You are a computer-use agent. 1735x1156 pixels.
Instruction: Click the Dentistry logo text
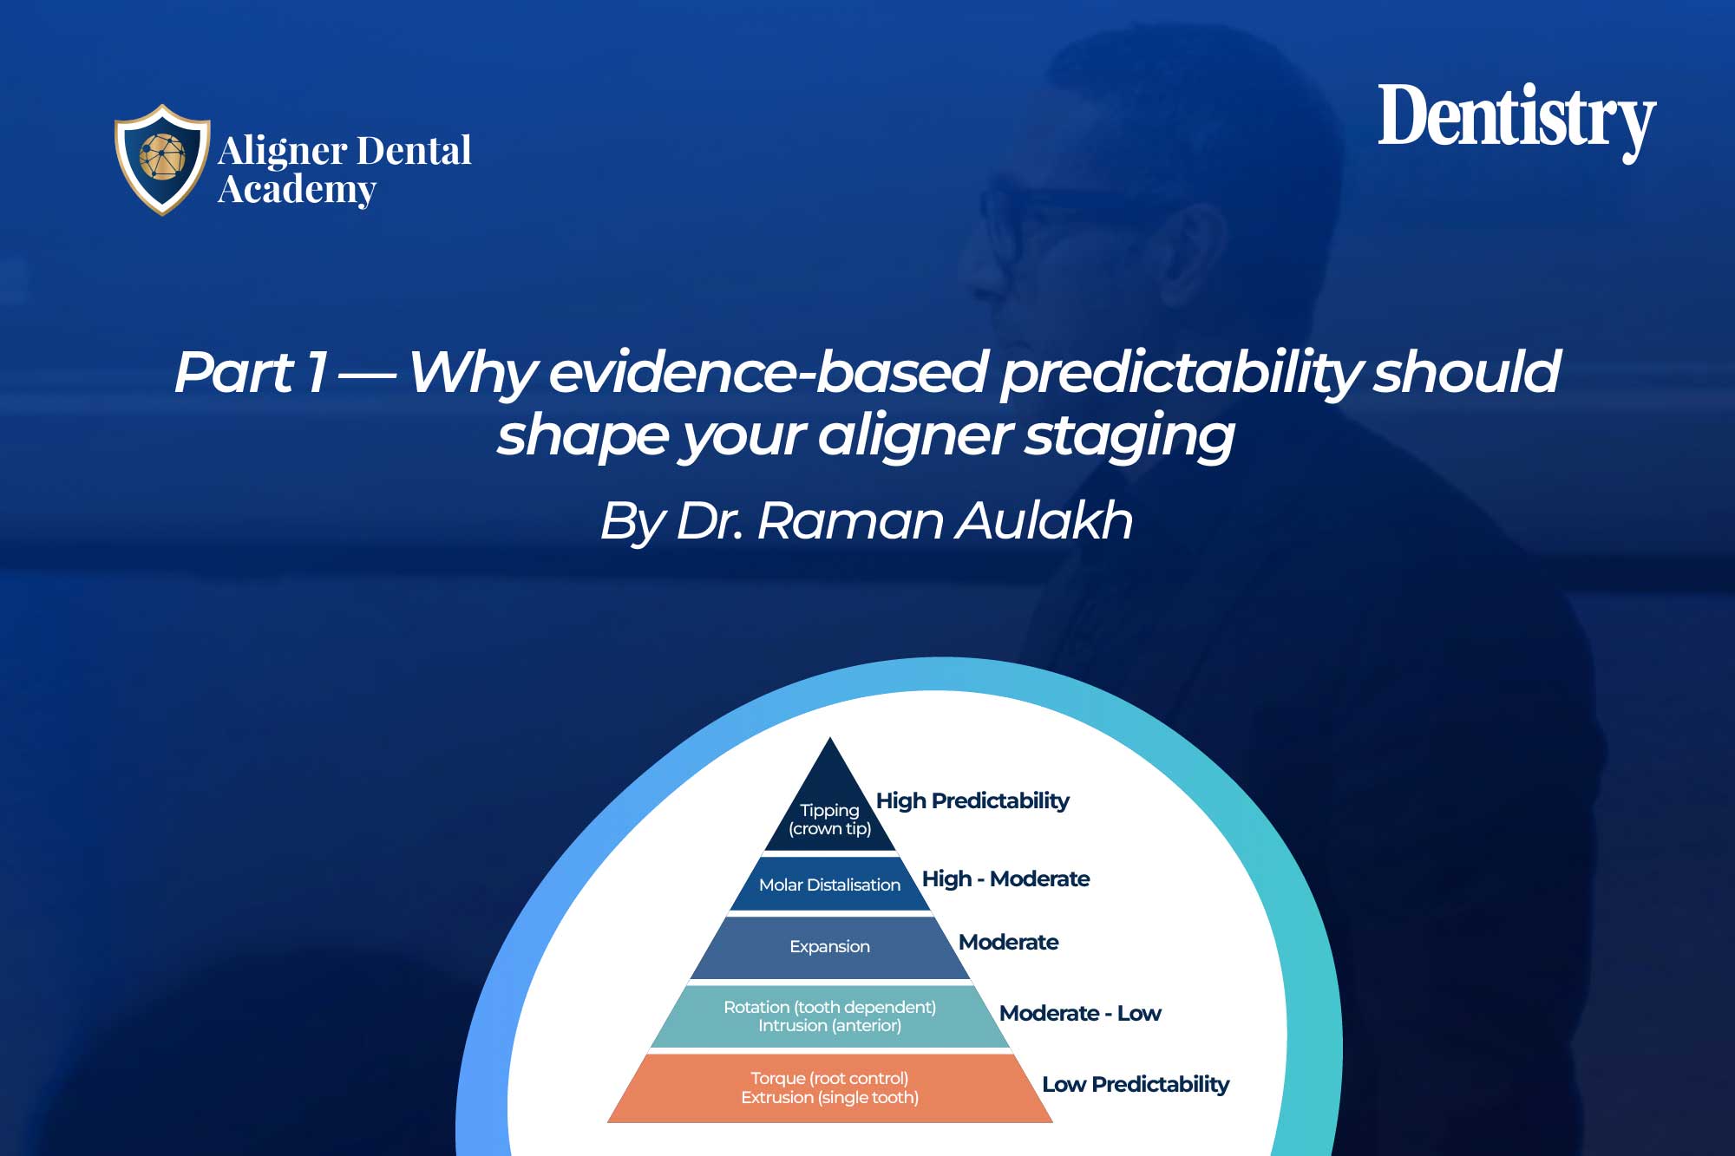pyautogui.click(x=1516, y=118)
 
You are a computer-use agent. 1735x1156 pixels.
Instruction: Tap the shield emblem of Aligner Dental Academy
pyautogui.click(x=162, y=159)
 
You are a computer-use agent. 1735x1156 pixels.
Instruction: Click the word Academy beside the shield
pyautogui.click(x=297, y=189)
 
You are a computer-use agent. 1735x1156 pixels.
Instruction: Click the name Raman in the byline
pyautogui.click(x=849, y=521)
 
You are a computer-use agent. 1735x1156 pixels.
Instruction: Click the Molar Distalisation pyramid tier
pyautogui.click(x=829, y=885)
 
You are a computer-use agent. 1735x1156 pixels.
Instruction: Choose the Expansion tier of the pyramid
pyautogui.click(x=829, y=946)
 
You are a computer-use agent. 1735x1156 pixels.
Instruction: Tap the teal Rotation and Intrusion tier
pyautogui.click(x=829, y=1016)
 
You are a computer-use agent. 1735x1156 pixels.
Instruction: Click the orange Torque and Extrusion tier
pyautogui.click(x=829, y=1087)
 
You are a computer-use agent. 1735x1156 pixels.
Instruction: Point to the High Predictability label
pyautogui.click(x=972, y=800)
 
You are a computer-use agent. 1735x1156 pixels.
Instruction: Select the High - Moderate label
pyautogui.click(x=1005, y=878)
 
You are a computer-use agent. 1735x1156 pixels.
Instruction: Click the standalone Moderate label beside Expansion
pyautogui.click(x=1008, y=942)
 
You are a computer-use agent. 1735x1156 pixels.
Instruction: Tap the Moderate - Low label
pyautogui.click(x=1080, y=1013)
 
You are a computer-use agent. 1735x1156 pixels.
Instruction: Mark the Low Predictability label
pyautogui.click(x=1136, y=1084)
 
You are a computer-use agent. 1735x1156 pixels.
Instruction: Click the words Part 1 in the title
pyautogui.click(x=252, y=372)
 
